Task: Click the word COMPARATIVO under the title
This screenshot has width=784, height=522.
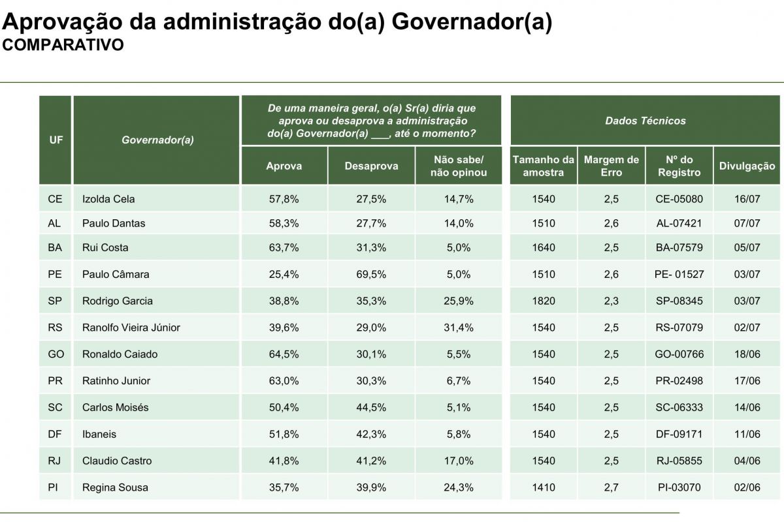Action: click(x=63, y=45)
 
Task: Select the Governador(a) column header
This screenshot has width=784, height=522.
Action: click(x=157, y=140)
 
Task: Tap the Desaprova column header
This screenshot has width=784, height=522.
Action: click(x=371, y=166)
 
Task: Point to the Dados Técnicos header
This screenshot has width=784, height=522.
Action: click(x=645, y=121)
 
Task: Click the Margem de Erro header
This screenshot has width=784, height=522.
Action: click(x=611, y=166)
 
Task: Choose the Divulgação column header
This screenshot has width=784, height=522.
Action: click(x=747, y=166)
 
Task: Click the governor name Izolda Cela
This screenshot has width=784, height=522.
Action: click(x=108, y=199)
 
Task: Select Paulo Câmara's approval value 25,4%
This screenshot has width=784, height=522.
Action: click(x=284, y=275)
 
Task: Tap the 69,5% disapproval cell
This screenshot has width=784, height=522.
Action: click(x=371, y=275)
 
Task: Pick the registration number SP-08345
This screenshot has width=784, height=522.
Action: click(x=679, y=301)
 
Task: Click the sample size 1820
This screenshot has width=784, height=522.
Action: click(x=544, y=301)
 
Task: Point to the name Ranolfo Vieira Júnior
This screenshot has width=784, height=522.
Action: click(x=131, y=328)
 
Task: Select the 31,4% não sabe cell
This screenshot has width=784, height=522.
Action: click(x=459, y=328)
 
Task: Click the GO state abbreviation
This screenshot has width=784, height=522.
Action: click(x=56, y=354)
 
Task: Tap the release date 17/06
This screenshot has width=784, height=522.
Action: click(x=747, y=381)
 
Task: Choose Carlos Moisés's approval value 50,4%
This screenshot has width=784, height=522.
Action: click(x=284, y=407)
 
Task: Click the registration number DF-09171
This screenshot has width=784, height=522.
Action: click(x=679, y=435)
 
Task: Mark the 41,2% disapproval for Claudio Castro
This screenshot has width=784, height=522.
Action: click(x=371, y=461)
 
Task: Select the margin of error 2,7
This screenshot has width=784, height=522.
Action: click(x=611, y=487)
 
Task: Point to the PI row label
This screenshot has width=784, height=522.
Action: click(x=53, y=487)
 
